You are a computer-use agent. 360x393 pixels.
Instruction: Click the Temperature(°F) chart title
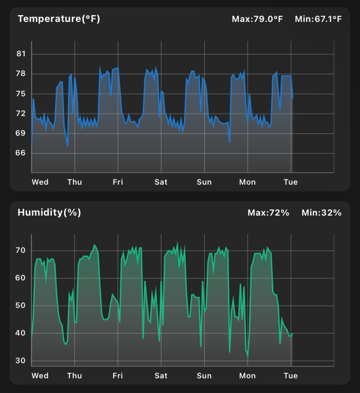pos(58,19)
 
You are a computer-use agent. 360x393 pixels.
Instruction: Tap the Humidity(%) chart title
pos(49,212)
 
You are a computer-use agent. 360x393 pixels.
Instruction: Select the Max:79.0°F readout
pos(257,19)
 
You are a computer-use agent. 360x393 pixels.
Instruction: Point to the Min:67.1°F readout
pos(318,19)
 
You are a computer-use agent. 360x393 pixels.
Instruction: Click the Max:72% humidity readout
pos(268,212)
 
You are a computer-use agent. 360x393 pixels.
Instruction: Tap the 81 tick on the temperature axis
pos(21,54)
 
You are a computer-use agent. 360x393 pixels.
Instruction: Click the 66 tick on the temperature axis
pos(21,153)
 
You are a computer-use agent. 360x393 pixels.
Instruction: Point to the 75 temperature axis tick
pos(21,93)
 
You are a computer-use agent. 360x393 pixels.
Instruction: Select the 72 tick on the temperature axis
pos(21,113)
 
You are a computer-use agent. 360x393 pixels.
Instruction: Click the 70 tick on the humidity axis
pos(21,250)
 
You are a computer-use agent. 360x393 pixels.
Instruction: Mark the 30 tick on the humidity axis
pos(21,361)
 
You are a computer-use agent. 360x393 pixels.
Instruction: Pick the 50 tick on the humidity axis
pos(21,306)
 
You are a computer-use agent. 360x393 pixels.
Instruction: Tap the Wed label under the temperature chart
pos(40,182)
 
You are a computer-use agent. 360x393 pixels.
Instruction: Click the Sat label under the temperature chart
pos(161,182)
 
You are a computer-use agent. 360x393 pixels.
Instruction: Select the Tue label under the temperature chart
pos(290,182)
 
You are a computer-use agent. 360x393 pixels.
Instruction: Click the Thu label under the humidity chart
pos(74,376)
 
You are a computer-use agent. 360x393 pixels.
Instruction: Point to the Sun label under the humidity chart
pos(204,376)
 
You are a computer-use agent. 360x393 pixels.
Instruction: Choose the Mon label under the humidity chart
pos(247,376)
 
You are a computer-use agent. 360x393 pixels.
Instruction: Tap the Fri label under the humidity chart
pos(118,376)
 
